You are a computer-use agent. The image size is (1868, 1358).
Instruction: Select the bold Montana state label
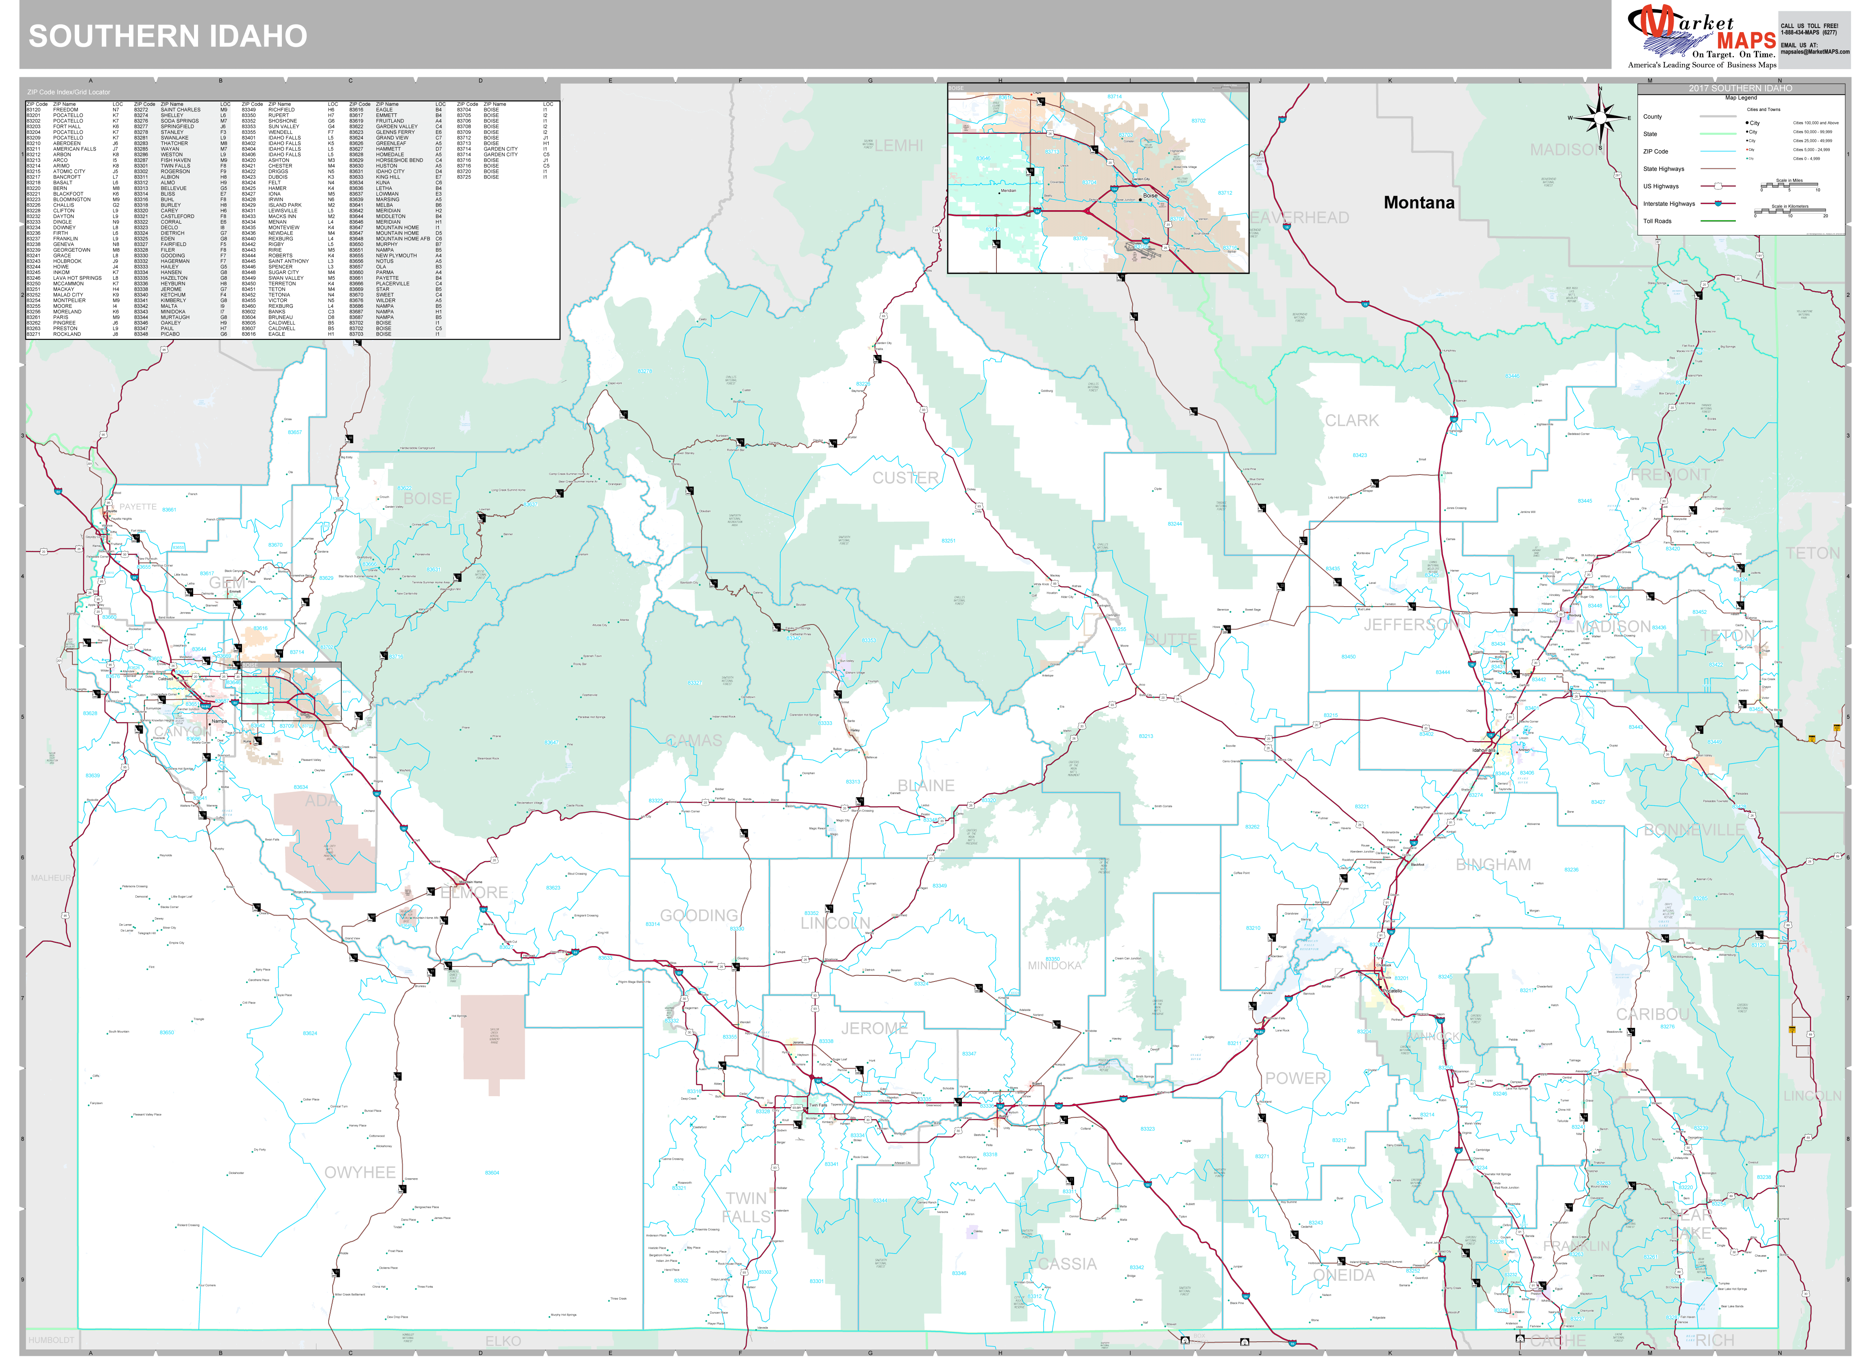pos(1418,202)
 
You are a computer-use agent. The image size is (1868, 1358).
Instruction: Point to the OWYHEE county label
pos(360,1172)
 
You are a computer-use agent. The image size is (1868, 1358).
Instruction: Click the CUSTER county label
pos(905,478)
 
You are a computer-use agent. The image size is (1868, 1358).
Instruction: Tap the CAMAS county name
pos(693,740)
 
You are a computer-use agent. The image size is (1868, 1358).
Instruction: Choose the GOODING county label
pos(698,915)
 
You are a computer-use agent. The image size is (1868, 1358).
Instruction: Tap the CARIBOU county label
pos(1652,1014)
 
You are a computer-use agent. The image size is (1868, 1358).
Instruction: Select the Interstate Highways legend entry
pos(1669,203)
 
